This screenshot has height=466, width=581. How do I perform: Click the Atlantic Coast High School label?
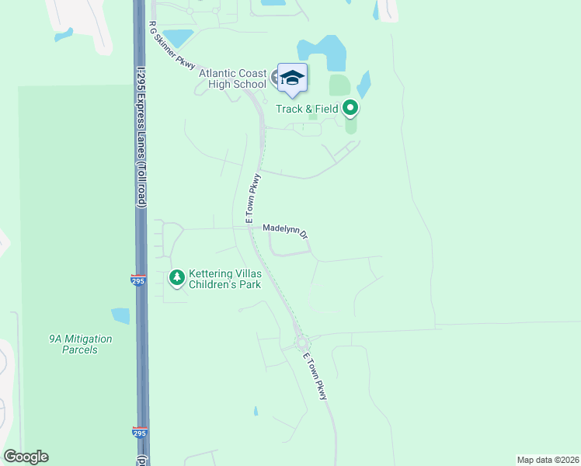tap(232, 78)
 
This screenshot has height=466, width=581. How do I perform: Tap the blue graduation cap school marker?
tap(292, 78)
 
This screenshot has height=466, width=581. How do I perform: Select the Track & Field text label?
tap(308, 109)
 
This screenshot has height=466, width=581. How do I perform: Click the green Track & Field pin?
tap(350, 109)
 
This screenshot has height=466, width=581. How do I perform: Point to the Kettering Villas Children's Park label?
tap(225, 280)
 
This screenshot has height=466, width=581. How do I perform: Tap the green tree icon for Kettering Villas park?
tap(177, 276)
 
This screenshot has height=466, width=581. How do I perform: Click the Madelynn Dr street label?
tap(285, 231)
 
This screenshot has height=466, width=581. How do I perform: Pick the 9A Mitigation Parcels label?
tap(80, 344)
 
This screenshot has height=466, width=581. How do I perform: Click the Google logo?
tap(26, 457)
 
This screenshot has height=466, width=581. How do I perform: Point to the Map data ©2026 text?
tap(548, 459)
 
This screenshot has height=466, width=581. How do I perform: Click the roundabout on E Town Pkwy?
tap(301, 344)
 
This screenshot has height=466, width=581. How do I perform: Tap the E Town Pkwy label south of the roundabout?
tap(317, 377)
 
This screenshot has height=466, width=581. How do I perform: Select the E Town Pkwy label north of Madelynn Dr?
tap(253, 200)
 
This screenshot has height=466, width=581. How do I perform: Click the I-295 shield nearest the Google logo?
tap(139, 433)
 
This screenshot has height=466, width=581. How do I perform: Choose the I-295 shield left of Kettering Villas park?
tap(138, 280)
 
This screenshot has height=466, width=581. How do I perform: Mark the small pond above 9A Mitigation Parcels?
tap(120, 315)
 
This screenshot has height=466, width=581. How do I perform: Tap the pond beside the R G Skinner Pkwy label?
tap(178, 37)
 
